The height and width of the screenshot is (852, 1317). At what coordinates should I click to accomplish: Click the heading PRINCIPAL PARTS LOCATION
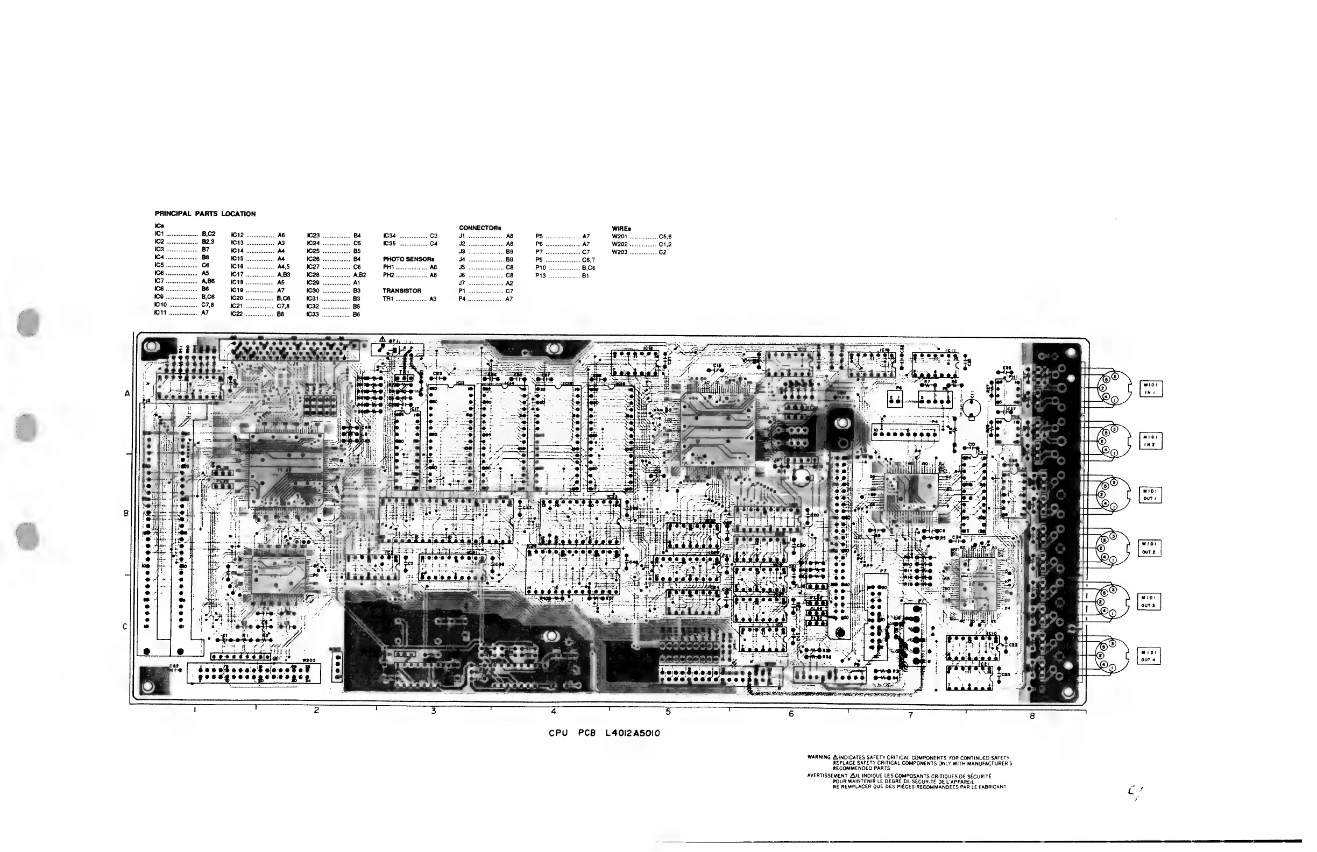click(x=205, y=214)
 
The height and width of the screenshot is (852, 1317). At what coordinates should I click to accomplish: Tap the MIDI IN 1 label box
click(x=1150, y=389)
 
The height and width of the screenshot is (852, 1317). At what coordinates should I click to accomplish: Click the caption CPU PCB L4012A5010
click(x=604, y=733)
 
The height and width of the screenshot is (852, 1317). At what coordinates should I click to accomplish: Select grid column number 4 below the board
click(x=554, y=712)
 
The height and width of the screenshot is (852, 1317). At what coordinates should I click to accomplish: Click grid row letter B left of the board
click(x=125, y=514)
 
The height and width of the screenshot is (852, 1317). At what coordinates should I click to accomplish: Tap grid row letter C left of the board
click(x=125, y=627)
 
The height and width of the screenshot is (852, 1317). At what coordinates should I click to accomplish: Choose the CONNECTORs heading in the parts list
click(x=480, y=228)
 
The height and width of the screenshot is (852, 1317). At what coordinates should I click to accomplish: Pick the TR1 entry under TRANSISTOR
click(x=388, y=299)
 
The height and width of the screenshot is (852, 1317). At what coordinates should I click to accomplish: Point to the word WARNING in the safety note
click(x=819, y=757)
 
